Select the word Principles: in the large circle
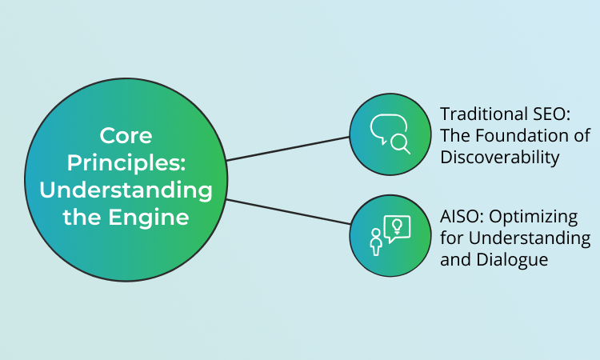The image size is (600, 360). [x=126, y=162]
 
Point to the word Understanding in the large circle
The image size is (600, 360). [x=126, y=190]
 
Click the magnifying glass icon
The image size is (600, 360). [x=400, y=144]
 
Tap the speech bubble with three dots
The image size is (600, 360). [x=384, y=130]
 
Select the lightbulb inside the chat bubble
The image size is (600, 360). [x=396, y=226]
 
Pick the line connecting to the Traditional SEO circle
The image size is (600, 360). [x=288, y=148]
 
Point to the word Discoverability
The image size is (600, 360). [x=499, y=157]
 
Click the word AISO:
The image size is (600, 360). [x=462, y=218]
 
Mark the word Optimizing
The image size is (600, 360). [x=533, y=218]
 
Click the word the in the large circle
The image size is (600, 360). [x=81, y=217]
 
